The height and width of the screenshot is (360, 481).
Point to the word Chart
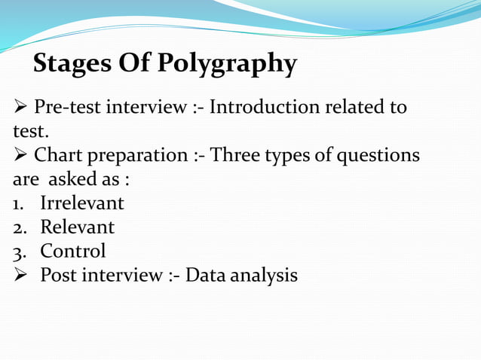click(x=59, y=156)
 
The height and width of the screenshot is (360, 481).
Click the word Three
click(x=236, y=156)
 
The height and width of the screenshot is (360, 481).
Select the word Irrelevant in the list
click(x=82, y=203)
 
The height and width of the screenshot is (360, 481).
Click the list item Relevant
click(x=78, y=227)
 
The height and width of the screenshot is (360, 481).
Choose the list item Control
click(x=73, y=252)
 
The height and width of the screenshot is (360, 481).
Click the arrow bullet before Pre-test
click(x=20, y=108)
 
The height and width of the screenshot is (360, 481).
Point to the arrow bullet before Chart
click(x=20, y=156)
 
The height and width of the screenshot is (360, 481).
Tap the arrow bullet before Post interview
click(x=20, y=276)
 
